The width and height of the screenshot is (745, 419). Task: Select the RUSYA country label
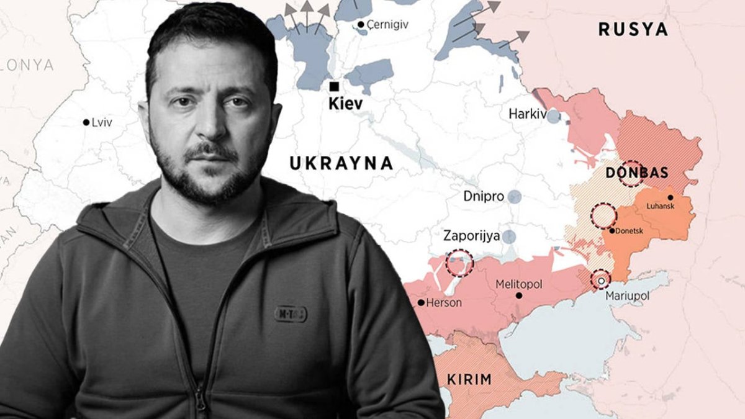[633, 29]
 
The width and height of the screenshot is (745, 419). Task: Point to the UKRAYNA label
[341, 163]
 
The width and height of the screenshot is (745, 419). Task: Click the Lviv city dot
[86, 122]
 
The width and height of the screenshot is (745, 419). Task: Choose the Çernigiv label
[386, 24]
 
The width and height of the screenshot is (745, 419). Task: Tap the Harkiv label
[527, 114]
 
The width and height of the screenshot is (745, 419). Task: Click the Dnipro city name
[483, 196]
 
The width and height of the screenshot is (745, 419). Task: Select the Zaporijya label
[471, 236]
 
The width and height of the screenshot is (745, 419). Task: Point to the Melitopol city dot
[519, 295]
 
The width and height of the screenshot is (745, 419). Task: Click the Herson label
[443, 303]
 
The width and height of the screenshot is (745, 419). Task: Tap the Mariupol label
[628, 296]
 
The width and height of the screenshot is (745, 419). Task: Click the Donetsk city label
[631, 231]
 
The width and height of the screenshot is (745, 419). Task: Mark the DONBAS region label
[636, 173]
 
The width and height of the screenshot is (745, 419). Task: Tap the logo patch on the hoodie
[290, 314]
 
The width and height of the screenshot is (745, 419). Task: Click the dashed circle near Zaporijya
[459, 263]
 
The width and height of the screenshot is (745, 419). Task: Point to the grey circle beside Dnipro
[514, 197]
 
